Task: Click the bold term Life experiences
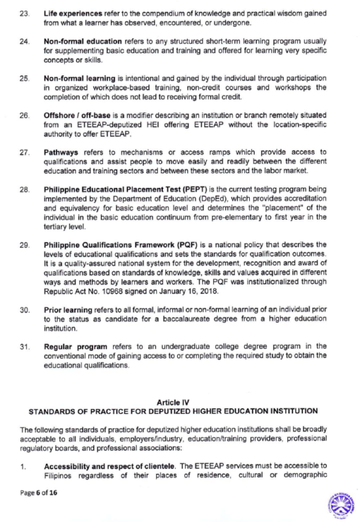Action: coord(71,14)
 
